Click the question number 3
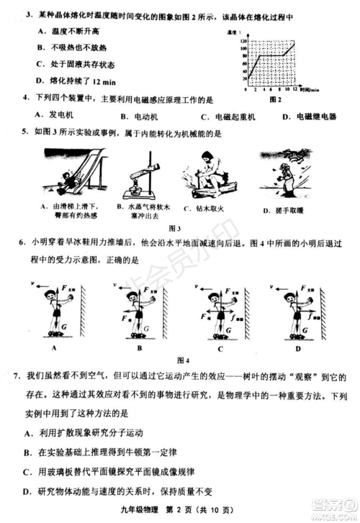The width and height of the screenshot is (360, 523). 27,14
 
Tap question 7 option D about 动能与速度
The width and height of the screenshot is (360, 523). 108,492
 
